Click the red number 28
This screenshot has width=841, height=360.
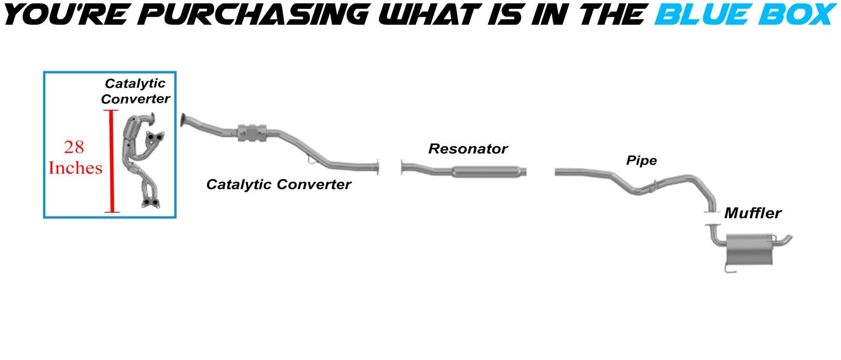74,147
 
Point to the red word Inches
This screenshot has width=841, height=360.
75,168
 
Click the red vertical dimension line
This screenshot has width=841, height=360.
111,161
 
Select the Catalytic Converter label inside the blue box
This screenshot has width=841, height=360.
135,91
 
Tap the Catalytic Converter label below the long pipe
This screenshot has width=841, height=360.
279,184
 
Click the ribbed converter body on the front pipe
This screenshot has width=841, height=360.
253,132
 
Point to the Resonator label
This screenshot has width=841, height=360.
468,149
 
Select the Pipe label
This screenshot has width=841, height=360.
641,161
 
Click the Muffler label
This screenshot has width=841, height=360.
753,213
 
